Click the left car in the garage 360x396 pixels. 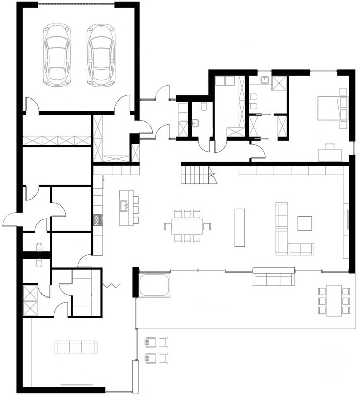57,55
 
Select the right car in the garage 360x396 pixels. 101,55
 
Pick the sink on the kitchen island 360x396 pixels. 124,205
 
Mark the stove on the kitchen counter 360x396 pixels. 98,220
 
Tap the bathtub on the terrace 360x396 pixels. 155,285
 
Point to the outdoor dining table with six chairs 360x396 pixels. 333,300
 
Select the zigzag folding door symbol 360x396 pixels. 111,286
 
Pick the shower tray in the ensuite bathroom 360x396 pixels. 279,83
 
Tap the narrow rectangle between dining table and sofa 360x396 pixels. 239,227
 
